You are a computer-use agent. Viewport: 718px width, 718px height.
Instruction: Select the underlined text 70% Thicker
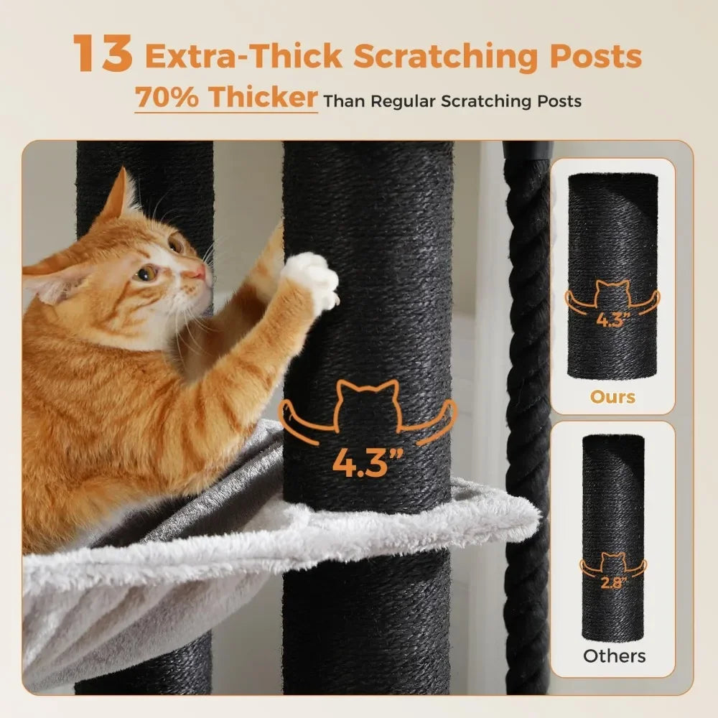point(225,98)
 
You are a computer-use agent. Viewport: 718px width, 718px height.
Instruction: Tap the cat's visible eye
point(146,274)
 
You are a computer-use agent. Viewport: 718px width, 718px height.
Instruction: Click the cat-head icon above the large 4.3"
point(368,406)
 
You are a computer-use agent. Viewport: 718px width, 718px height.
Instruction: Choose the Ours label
point(612,396)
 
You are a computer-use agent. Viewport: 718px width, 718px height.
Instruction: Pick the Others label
point(614,656)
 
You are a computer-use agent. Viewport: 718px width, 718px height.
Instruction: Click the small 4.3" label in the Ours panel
point(612,320)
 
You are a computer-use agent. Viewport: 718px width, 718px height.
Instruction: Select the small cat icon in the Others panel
point(614,561)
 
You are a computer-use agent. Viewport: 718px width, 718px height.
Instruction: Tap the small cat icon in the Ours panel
point(612,293)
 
